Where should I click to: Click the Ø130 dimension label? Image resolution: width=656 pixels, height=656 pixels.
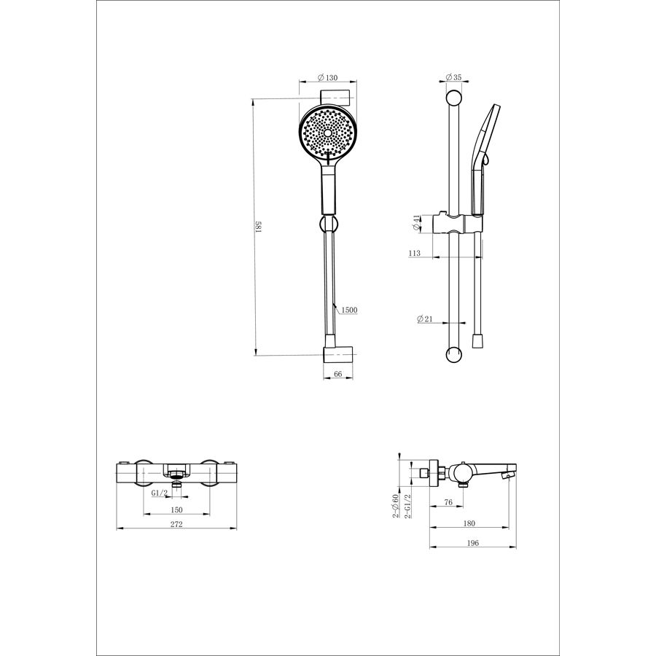pyautogui.click(x=327, y=77)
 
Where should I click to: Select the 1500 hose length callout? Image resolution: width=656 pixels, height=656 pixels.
pyautogui.click(x=349, y=310)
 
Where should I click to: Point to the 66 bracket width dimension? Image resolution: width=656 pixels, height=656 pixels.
pyautogui.click(x=338, y=374)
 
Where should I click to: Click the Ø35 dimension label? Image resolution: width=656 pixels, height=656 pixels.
pyautogui.click(x=453, y=77)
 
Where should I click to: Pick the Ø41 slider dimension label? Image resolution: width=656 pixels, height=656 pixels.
pyautogui.click(x=416, y=222)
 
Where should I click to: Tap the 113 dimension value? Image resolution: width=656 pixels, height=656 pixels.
pyautogui.click(x=414, y=253)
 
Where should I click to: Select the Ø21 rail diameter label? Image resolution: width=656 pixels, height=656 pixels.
pyautogui.click(x=425, y=319)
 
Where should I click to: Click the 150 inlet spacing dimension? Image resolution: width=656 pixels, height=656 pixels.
pyautogui.click(x=176, y=509)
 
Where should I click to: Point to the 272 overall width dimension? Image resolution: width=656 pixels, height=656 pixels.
pyautogui.click(x=176, y=524)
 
